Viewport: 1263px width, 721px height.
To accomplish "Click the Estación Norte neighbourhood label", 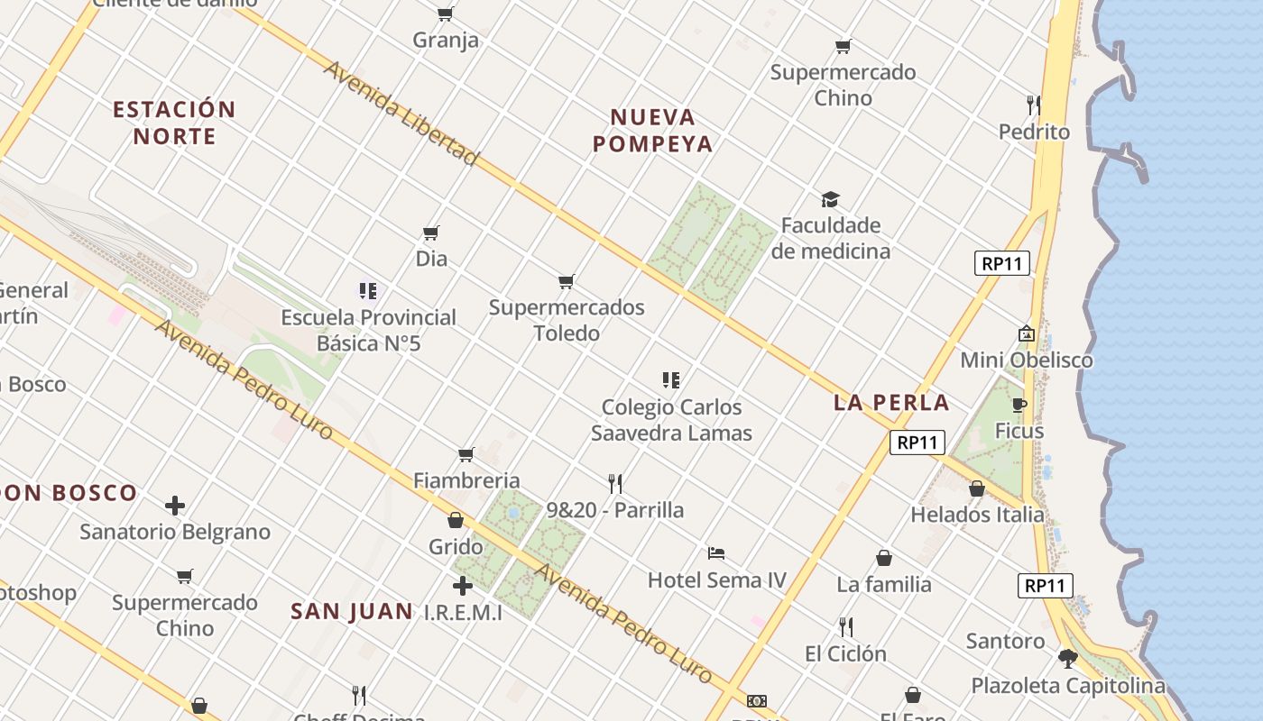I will pyautogui.click(x=174, y=123).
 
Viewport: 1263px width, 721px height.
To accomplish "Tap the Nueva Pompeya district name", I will pyautogui.click(x=653, y=130).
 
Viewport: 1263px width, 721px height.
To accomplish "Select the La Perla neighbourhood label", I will pyautogui.click(x=891, y=403).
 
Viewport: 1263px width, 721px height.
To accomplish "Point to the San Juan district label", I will pyautogui.click(x=352, y=611).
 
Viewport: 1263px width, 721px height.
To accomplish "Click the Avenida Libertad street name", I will pyautogui.click(x=401, y=114).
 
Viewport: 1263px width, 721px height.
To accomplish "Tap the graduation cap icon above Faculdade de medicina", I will pyautogui.click(x=830, y=199).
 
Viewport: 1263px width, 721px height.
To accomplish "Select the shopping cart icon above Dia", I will pyautogui.click(x=431, y=233).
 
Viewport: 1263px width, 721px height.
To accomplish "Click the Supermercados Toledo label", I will pyautogui.click(x=567, y=320).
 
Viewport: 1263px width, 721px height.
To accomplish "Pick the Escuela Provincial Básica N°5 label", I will pyautogui.click(x=368, y=330).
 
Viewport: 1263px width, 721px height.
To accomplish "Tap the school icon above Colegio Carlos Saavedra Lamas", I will pyautogui.click(x=670, y=380).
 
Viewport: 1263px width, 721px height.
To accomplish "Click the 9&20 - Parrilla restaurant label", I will pyautogui.click(x=615, y=510).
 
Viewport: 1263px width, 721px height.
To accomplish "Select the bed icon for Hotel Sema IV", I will pyautogui.click(x=716, y=552).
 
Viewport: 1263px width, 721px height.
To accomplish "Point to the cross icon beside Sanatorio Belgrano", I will pyautogui.click(x=175, y=506).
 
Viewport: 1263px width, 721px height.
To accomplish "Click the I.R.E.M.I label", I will pyautogui.click(x=463, y=612).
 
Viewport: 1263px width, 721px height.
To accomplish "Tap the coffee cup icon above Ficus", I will pyautogui.click(x=1019, y=405).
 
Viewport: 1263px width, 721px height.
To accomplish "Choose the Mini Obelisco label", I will pyautogui.click(x=1026, y=360).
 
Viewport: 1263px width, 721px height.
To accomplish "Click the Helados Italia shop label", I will pyautogui.click(x=977, y=515).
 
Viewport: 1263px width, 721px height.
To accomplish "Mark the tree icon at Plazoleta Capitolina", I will pyautogui.click(x=1068, y=659).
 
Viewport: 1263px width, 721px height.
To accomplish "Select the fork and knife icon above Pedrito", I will pyautogui.click(x=1034, y=105).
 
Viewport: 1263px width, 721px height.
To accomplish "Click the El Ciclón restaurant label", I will pyautogui.click(x=845, y=653).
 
